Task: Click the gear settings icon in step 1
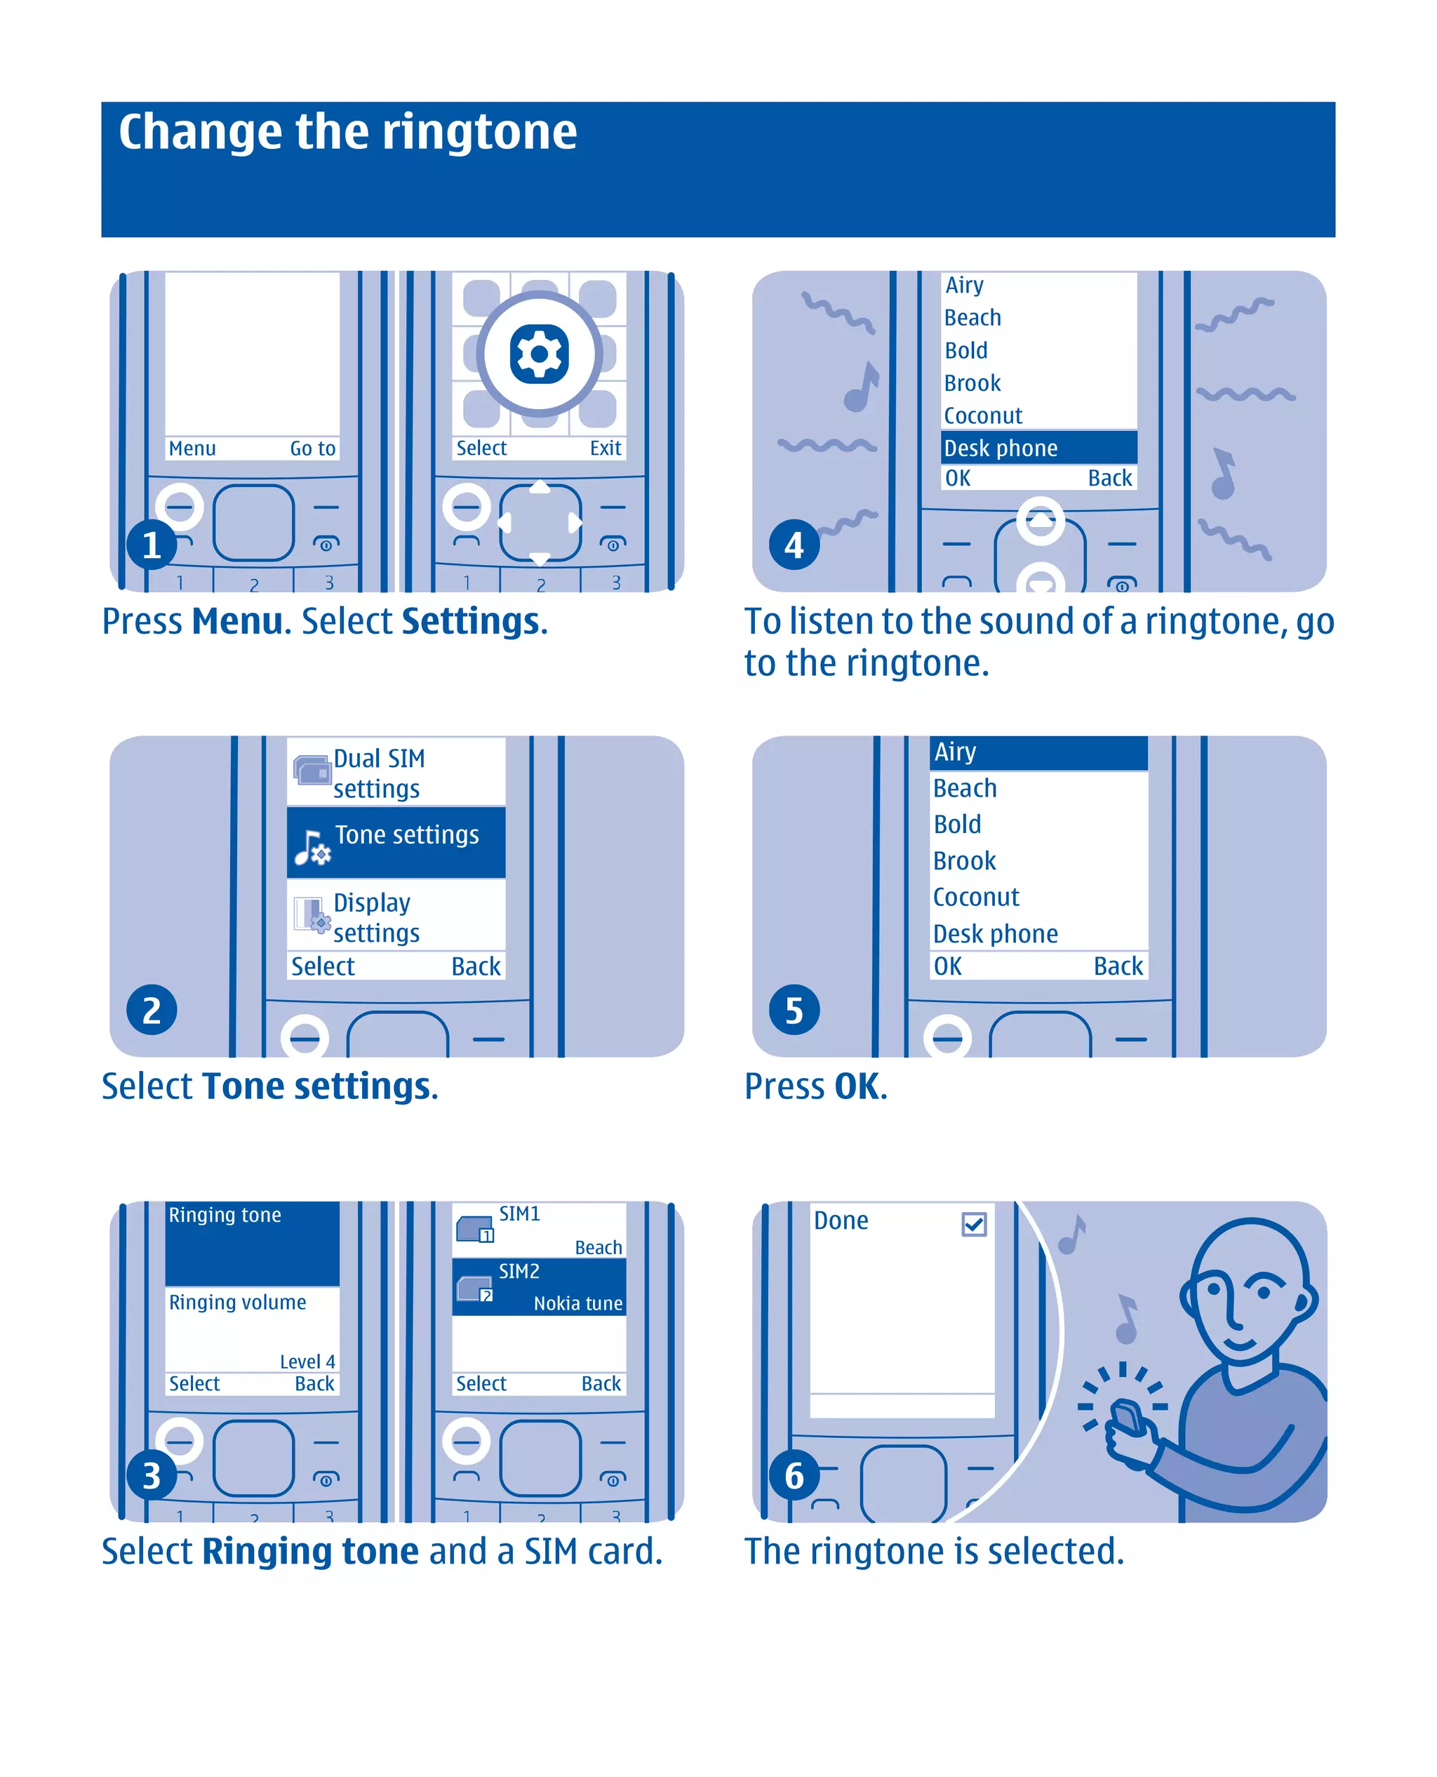(x=539, y=354)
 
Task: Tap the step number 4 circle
(x=794, y=545)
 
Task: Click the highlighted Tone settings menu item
(x=396, y=841)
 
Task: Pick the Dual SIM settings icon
(x=312, y=771)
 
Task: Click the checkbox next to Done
(x=975, y=1224)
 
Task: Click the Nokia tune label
(x=577, y=1303)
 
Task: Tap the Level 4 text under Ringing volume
(x=307, y=1362)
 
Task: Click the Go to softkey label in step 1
(x=312, y=448)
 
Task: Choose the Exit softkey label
(x=605, y=448)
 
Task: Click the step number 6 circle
(x=794, y=1476)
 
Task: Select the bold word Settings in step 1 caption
(x=470, y=621)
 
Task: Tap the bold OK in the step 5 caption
(x=857, y=1086)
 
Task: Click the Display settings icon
(x=312, y=915)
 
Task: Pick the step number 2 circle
(x=152, y=1010)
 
